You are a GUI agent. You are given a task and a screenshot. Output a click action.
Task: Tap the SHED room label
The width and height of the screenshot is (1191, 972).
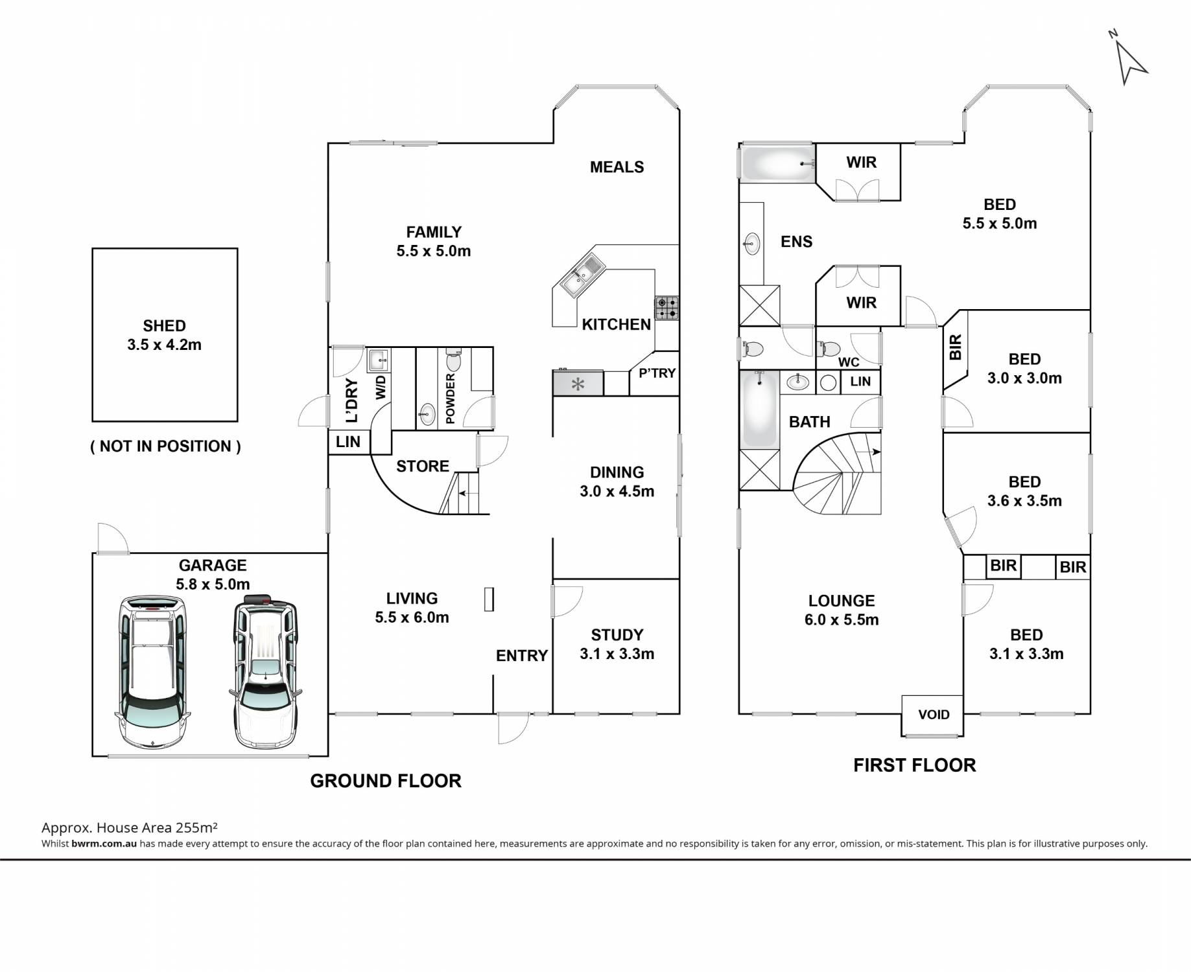[x=165, y=326]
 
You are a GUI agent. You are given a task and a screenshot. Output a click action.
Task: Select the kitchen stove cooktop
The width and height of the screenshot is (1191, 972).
[x=667, y=308]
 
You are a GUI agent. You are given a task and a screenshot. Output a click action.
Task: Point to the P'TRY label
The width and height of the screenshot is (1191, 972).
[x=657, y=373]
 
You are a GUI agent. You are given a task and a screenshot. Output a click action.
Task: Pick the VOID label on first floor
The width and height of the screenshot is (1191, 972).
[x=934, y=715]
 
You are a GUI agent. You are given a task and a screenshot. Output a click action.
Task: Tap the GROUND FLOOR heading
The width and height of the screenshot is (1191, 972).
[x=386, y=781]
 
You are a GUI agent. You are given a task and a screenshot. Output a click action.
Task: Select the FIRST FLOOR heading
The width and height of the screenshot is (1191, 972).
[x=914, y=765]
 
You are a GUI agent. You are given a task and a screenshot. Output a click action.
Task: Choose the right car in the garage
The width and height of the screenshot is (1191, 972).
[x=265, y=670]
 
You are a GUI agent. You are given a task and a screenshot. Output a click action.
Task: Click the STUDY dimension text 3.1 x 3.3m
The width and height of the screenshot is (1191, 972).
[x=617, y=654]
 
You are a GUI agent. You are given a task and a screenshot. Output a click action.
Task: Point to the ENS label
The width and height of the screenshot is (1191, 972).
[x=796, y=242]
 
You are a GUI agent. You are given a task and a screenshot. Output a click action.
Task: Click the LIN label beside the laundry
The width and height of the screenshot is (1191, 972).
[x=348, y=442]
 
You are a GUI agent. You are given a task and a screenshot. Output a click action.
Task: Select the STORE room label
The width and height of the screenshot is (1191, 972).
[x=423, y=466]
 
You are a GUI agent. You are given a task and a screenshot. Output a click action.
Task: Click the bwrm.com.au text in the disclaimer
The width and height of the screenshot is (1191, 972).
[x=104, y=844]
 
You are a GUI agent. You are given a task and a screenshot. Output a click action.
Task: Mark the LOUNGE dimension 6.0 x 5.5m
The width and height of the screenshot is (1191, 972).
[x=842, y=619]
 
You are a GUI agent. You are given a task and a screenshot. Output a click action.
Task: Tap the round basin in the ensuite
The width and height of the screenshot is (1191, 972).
[x=752, y=244]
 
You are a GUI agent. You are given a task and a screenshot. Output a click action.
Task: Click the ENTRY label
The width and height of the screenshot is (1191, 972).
[x=522, y=656]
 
